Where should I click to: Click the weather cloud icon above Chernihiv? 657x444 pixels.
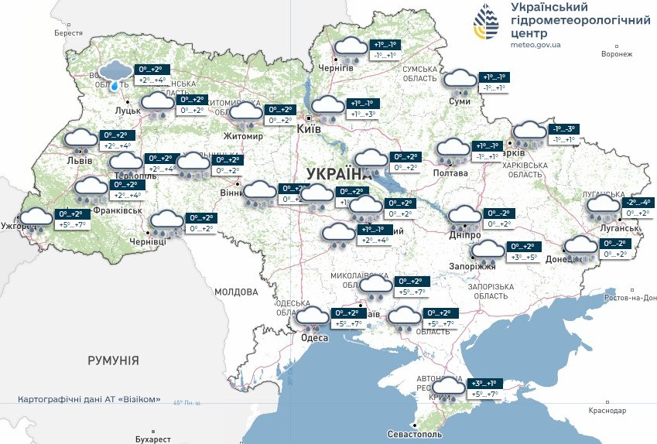click(350, 50)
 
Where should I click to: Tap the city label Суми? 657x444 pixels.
click(460, 101)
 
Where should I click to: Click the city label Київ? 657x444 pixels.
click(309, 130)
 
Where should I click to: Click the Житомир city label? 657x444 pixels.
click(243, 136)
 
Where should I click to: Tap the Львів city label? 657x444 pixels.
click(80, 161)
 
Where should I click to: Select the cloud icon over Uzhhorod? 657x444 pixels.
click(36, 220)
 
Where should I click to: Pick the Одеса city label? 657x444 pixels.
click(313, 338)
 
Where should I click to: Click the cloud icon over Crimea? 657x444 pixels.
click(448, 388)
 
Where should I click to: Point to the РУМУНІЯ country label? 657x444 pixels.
click(113, 360)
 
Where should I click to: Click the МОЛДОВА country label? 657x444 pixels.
click(235, 292)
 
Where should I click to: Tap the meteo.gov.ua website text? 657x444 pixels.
click(536, 45)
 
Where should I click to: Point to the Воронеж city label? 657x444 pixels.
click(616, 54)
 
